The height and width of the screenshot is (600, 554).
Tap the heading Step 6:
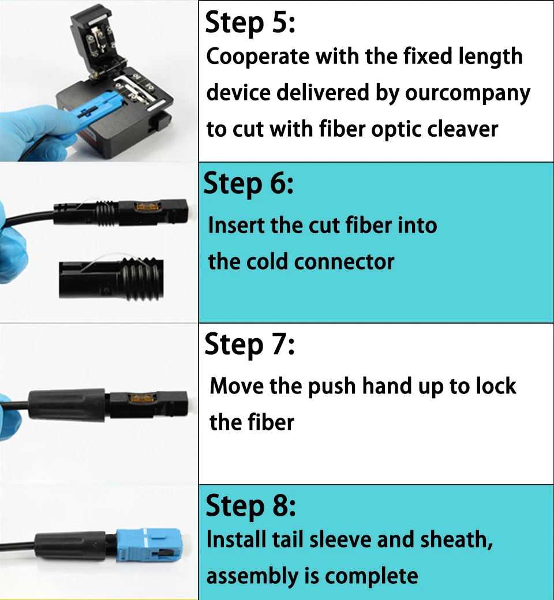[249, 184]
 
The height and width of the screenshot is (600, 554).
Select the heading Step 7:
[250, 345]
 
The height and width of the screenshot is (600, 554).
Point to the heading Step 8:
[251, 506]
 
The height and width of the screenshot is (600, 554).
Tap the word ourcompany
[467, 93]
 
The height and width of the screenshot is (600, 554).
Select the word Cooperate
[257, 57]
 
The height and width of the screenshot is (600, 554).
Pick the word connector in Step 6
[344, 262]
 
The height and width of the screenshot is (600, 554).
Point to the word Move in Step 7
[237, 386]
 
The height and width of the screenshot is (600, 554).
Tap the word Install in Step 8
[236, 539]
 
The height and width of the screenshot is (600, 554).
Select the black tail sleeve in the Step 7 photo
[68, 406]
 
